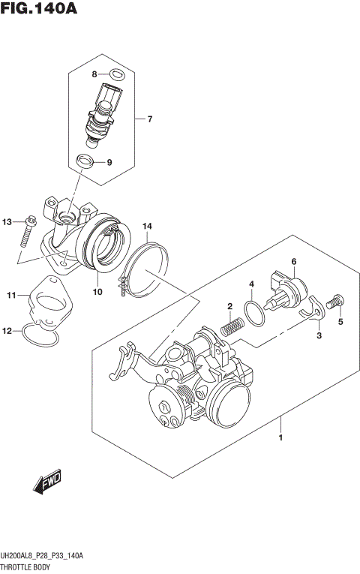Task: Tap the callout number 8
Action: coord(95,74)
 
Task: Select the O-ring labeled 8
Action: coord(115,74)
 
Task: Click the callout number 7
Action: coord(149,119)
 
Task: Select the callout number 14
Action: coord(148,226)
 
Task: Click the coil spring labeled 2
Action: coord(232,326)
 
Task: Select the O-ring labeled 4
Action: coord(256,313)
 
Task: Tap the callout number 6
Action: coord(294,261)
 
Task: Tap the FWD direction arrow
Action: coord(46,483)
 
